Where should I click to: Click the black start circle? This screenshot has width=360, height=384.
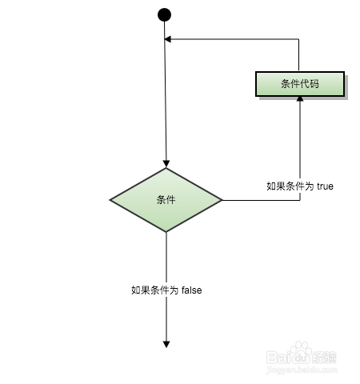(164, 14)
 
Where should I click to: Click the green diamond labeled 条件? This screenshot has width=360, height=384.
(166, 200)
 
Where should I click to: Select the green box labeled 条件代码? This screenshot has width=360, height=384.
(300, 84)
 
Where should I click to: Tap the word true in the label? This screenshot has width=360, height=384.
(325, 186)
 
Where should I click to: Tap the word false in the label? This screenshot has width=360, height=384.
(191, 290)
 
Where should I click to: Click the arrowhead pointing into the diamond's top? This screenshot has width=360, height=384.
(166, 164)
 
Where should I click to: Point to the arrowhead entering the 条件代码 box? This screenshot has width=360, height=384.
(300, 99)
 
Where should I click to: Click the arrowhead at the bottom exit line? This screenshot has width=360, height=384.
(166, 344)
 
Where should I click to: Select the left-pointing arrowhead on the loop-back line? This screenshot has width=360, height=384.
(168, 39)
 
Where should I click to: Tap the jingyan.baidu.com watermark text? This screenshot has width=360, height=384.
(302, 370)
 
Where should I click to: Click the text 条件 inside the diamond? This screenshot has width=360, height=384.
(166, 200)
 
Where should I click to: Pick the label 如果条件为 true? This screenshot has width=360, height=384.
(300, 186)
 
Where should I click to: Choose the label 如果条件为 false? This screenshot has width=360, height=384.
(166, 290)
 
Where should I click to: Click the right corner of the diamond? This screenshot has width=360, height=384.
(222, 200)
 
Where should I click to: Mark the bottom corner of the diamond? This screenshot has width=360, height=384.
(166, 232)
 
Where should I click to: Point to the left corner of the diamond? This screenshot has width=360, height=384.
(110, 200)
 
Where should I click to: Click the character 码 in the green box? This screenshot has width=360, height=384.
(314, 84)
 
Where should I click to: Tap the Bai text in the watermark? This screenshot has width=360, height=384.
(278, 358)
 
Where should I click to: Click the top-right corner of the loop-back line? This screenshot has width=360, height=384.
(298, 39)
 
